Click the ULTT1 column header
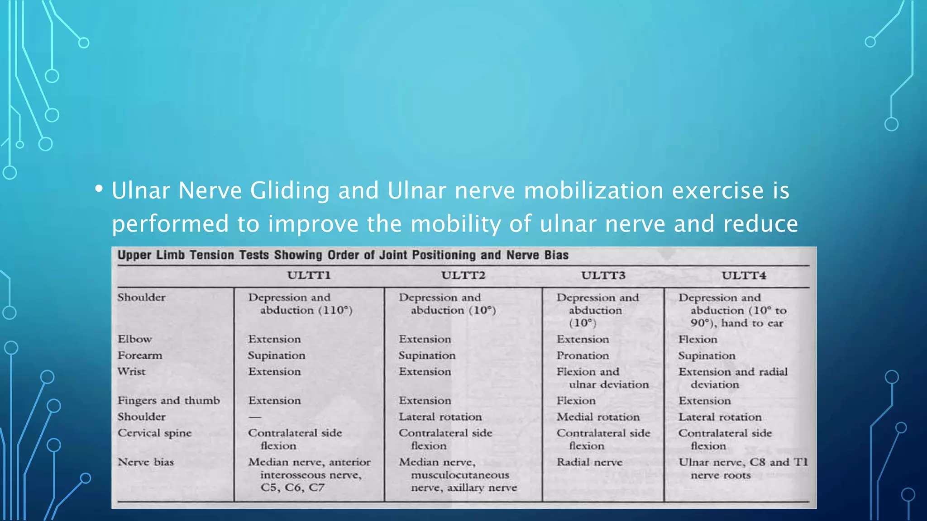309,275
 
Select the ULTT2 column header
463,275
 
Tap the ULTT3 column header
603,275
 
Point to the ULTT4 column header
744,275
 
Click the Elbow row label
135,339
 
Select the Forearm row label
140,355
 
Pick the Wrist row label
132,372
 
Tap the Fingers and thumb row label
168,401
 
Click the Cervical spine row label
154,433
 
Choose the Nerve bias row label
146,462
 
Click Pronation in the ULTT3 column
583,355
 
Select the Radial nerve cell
589,462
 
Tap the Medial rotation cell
598,417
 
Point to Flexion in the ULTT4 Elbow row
698,339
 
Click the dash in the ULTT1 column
255,417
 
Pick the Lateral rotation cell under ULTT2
440,417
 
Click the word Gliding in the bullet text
290,191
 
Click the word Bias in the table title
556,255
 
